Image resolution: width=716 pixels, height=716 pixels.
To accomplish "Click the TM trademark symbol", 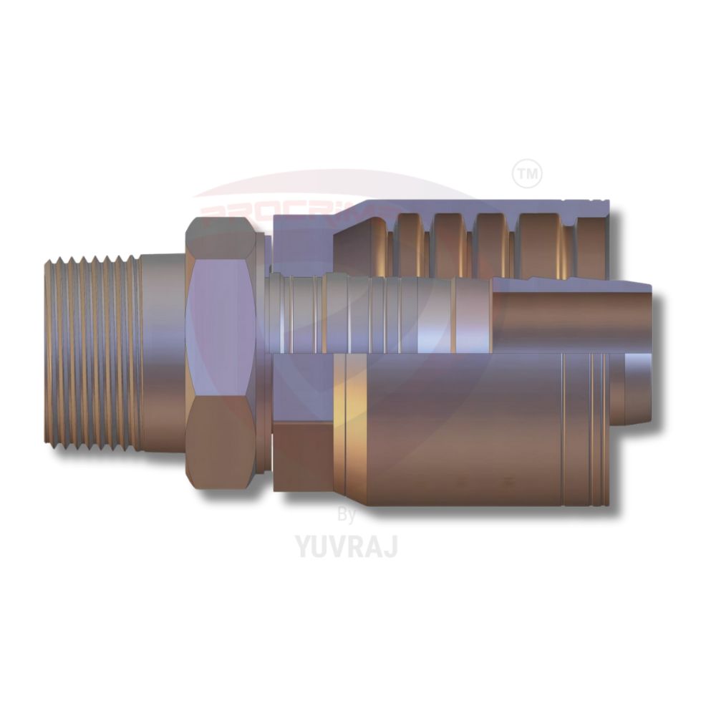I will [528, 174].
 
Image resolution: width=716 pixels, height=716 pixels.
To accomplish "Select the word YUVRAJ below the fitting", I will [347, 546].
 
